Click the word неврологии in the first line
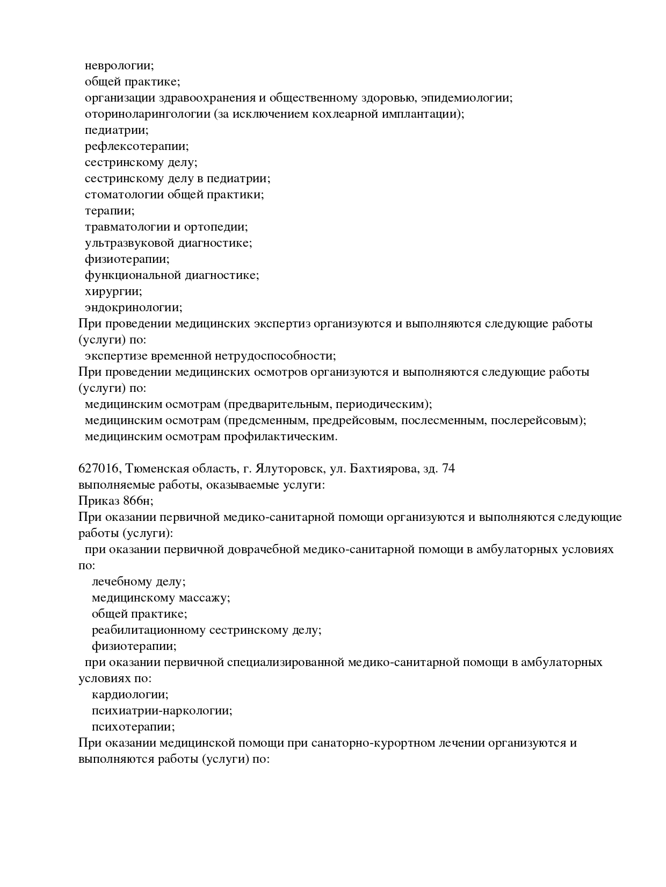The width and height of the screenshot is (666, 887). pos(119,66)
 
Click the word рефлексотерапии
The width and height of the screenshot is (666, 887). pos(136,146)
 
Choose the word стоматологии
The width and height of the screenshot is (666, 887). pos(124,195)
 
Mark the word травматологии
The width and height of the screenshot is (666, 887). pos(126,227)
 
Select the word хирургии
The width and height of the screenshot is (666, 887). pos(105,291)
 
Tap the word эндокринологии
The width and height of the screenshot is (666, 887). pos(133,307)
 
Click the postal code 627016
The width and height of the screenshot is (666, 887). pos(98,469)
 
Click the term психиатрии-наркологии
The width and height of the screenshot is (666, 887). pos(162,711)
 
